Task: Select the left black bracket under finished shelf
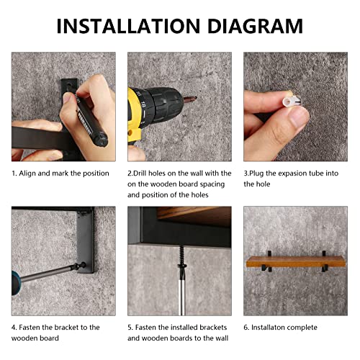coord(268,274)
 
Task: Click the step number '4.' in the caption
coord(14,328)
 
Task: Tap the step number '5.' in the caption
coord(131,328)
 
